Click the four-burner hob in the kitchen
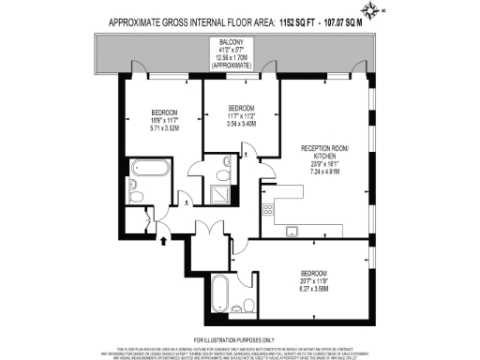(270, 209)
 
